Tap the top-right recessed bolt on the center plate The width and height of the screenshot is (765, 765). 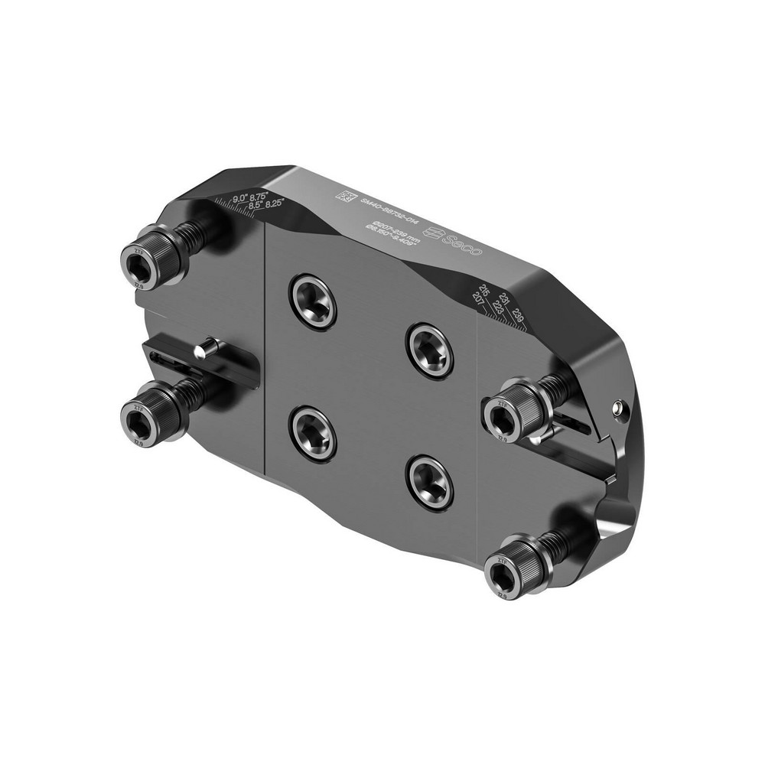[429, 350]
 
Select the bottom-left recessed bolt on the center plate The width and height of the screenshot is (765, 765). [313, 433]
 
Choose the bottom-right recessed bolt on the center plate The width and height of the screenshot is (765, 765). [430, 482]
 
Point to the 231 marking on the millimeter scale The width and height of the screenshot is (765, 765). [504, 299]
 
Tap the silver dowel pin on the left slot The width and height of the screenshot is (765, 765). [204, 350]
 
